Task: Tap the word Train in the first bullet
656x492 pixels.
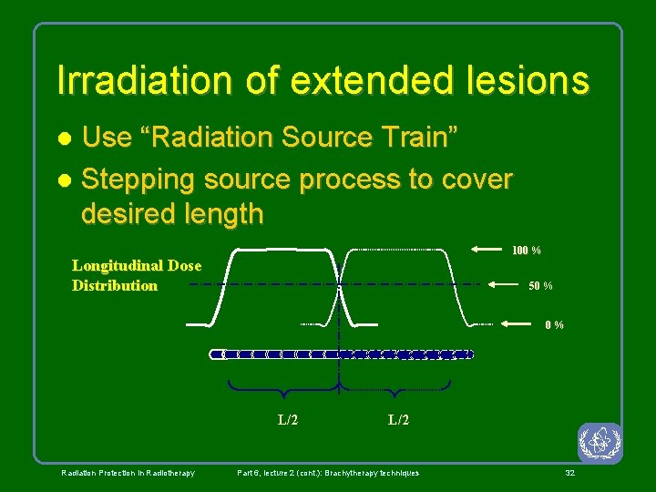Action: click(422, 138)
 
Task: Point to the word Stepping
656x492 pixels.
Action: click(138, 179)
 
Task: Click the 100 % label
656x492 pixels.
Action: click(526, 250)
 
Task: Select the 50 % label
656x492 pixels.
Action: click(540, 286)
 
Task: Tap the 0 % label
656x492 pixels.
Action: click(554, 325)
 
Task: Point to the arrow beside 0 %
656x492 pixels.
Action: click(520, 323)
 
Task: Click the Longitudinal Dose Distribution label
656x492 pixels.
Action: click(136, 275)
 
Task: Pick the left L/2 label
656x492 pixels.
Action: click(288, 420)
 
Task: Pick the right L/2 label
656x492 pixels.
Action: click(398, 420)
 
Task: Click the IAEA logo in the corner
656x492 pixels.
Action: click(599, 443)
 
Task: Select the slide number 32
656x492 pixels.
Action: click(569, 473)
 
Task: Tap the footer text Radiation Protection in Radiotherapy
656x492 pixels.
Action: click(128, 473)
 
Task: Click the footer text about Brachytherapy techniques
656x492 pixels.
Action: click(328, 473)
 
